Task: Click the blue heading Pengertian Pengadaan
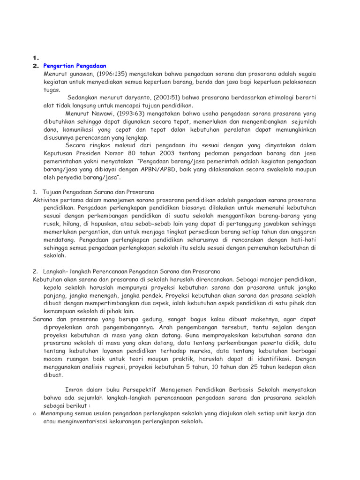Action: [x=75, y=66]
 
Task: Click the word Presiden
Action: [x=90, y=153]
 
